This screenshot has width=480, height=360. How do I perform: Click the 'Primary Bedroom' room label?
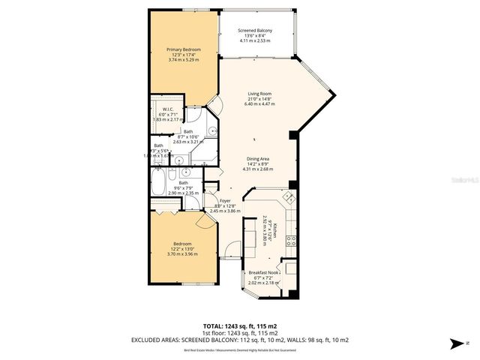point(184,49)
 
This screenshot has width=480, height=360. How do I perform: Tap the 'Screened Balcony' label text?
point(255,30)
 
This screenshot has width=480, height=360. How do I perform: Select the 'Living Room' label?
point(259,94)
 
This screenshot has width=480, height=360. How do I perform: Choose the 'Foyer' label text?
point(225,200)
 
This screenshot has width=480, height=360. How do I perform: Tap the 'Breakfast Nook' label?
point(263,272)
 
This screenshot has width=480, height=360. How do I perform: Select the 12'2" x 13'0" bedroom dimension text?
point(182,249)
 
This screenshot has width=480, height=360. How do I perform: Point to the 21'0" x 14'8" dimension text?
point(259,100)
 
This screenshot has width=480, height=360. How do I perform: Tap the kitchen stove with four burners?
point(292,241)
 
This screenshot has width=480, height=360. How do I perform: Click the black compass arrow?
point(455,343)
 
